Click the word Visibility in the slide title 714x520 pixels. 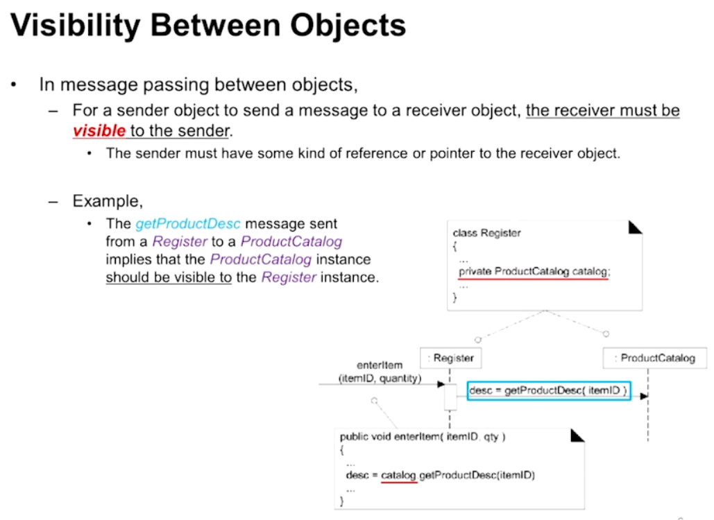(x=76, y=26)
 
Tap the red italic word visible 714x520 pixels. (x=99, y=130)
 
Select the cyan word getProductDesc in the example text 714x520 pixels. (x=188, y=224)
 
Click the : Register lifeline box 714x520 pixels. (x=451, y=358)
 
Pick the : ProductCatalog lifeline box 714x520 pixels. (x=654, y=358)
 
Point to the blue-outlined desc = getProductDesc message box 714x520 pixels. (x=548, y=392)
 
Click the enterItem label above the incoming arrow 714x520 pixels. (x=380, y=365)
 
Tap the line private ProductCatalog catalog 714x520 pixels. (x=533, y=272)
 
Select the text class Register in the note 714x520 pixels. (x=486, y=233)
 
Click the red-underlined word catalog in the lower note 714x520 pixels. (x=398, y=475)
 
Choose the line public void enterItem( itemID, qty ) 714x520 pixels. (x=423, y=437)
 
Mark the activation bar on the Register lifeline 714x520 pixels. (x=450, y=397)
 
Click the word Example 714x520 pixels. (x=108, y=202)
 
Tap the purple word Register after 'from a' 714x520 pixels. (x=180, y=242)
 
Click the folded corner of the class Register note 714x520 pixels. (x=636, y=227)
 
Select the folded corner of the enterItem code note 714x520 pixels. (x=577, y=435)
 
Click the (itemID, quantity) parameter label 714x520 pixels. (x=380, y=379)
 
